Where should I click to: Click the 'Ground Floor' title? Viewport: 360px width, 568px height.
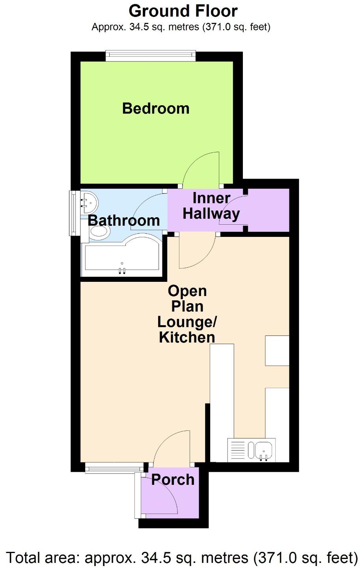pos(183,11)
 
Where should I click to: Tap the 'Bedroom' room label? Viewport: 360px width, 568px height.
pos(156,108)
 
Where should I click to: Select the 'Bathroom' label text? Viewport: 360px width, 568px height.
pos(124,220)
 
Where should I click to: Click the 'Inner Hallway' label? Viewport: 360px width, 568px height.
pos(211,206)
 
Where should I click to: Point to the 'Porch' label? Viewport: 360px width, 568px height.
pos(173,480)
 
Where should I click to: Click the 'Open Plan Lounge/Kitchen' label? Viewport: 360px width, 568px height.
pos(187,314)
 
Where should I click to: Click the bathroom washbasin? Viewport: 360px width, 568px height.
pos(89,202)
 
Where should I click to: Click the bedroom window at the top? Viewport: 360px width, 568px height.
pos(150,56)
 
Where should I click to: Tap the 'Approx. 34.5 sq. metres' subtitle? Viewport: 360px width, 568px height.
pos(181,27)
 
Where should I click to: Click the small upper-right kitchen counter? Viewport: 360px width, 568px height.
pos(277,350)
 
